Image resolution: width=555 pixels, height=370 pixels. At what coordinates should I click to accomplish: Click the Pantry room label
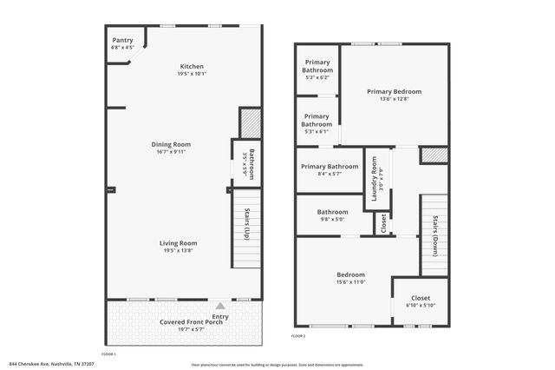[122, 40]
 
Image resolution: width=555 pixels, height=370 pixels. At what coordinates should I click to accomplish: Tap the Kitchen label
[192, 67]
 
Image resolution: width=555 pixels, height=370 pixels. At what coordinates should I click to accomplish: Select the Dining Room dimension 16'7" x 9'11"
[173, 152]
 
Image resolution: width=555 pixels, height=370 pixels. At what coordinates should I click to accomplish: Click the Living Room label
[178, 242]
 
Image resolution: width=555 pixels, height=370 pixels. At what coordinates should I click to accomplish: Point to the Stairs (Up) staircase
[246, 228]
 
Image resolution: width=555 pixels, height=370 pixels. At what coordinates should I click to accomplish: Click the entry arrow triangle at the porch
[220, 306]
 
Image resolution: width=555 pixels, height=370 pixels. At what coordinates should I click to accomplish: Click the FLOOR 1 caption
[108, 354]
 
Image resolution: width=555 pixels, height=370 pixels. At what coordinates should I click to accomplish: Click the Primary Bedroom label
[394, 91]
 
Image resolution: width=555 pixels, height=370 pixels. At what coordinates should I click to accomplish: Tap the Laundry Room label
[375, 178]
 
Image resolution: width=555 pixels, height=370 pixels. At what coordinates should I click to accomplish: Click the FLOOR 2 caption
[298, 336]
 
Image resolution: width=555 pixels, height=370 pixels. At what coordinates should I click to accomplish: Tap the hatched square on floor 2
[434, 155]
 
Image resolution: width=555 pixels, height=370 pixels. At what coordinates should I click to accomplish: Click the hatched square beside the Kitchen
[249, 121]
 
